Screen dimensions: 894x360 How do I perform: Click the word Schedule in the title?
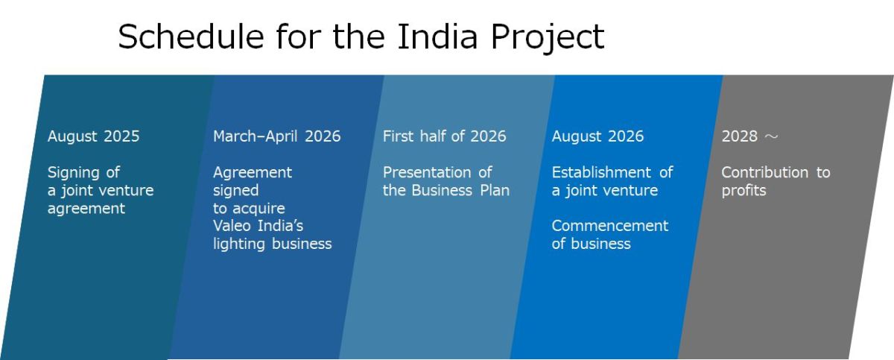tap(191, 37)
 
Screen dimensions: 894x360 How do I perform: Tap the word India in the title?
tap(437, 37)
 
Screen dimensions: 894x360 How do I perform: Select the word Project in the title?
tap(548, 39)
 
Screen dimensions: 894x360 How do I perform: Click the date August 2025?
tap(93, 136)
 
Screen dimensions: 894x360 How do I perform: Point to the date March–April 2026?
tap(277, 136)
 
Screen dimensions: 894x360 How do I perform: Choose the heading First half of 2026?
tap(444, 136)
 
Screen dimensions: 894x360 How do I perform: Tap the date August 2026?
tap(597, 136)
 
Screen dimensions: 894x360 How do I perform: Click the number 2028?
tap(740, 136)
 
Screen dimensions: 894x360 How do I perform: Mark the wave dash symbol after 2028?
tap(771, 137)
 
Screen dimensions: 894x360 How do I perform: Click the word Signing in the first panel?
tap(73, 173)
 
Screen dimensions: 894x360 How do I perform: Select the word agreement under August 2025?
tap(86, 209)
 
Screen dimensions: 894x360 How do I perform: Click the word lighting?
tap(239, 244)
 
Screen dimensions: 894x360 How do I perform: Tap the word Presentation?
tap(427, 172)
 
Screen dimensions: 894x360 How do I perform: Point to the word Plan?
tap(495, 190)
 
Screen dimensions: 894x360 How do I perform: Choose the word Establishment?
tap(601, 172)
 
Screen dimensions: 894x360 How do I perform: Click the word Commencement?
tap(610, 226)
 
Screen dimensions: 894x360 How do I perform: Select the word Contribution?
tap(764, 172)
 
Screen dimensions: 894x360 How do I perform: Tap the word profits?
tap(744, 191)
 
